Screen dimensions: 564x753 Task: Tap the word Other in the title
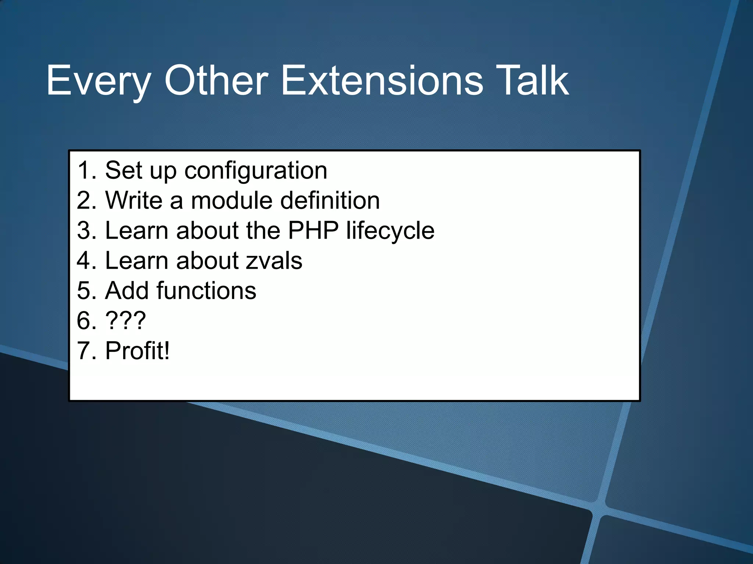click(x=216, y=81)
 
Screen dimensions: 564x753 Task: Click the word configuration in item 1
click(x=256, y=171)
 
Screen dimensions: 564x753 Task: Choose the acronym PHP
click(x=313, y=231)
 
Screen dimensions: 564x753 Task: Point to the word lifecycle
click(x=390, y=231)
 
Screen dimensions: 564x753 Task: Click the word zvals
click(x=274, y=261)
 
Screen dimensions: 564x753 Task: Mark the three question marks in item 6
click(x=125, y=321)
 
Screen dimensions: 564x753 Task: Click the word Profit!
click(x=138, y=351)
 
